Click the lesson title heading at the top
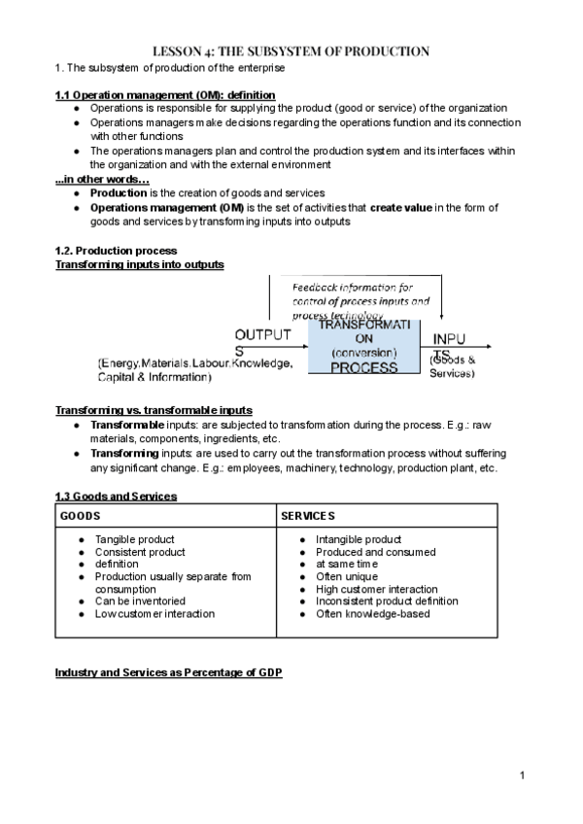click(291, 51)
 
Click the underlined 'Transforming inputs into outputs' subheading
click(139, 264)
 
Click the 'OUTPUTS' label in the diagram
click(261, 342)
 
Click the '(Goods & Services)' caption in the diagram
click(452, 366)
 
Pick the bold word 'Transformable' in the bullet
click(126, 425)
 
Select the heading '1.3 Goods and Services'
click(116, 496)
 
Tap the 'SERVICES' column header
click(308, 515)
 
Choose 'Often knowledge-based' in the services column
click(372, 613)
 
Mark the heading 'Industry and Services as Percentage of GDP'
click(168, 671)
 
